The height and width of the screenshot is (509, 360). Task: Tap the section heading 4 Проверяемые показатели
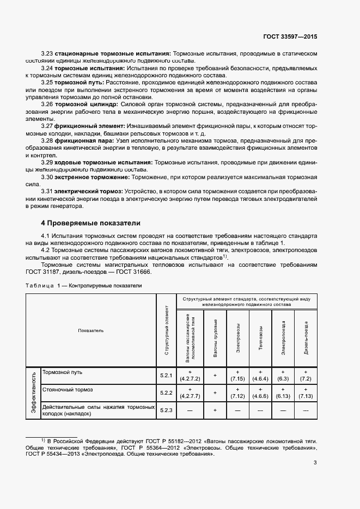[x=91, y=223]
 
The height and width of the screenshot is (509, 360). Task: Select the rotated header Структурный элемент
[x=166, y=330]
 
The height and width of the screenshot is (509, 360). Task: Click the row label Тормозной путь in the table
[x=62, y=372]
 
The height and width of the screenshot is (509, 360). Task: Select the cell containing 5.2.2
[x=166, y=393]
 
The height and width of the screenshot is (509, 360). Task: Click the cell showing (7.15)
[x=238, y=378]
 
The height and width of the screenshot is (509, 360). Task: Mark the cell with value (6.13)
[x=283, y=396]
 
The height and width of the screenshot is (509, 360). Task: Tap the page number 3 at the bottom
[x=315, y=463]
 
